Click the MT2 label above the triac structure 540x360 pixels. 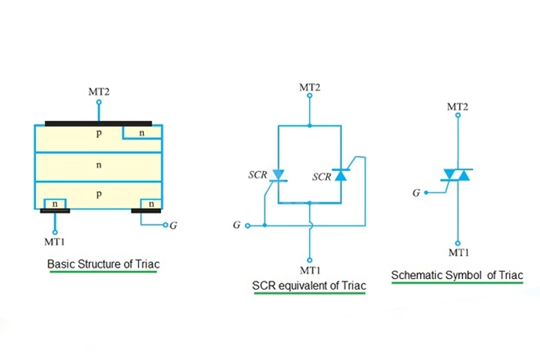99,92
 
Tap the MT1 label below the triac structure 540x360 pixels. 55,241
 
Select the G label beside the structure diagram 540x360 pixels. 173,225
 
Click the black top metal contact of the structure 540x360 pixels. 98,123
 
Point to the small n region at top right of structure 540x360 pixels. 142,133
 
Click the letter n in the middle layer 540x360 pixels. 99,165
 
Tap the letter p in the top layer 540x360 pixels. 99,133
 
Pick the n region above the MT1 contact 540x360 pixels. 55,204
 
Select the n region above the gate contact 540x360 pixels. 151,204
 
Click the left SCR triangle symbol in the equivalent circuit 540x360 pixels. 278,175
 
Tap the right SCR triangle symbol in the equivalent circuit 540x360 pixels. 340,175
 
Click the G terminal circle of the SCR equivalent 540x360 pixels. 247,226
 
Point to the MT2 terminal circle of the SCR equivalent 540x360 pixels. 310,95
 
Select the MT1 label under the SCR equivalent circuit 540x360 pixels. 310,270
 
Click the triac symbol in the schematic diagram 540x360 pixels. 457,175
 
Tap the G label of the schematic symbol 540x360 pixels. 416,193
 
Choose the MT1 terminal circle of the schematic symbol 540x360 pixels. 457,243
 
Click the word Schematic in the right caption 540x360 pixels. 417,275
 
